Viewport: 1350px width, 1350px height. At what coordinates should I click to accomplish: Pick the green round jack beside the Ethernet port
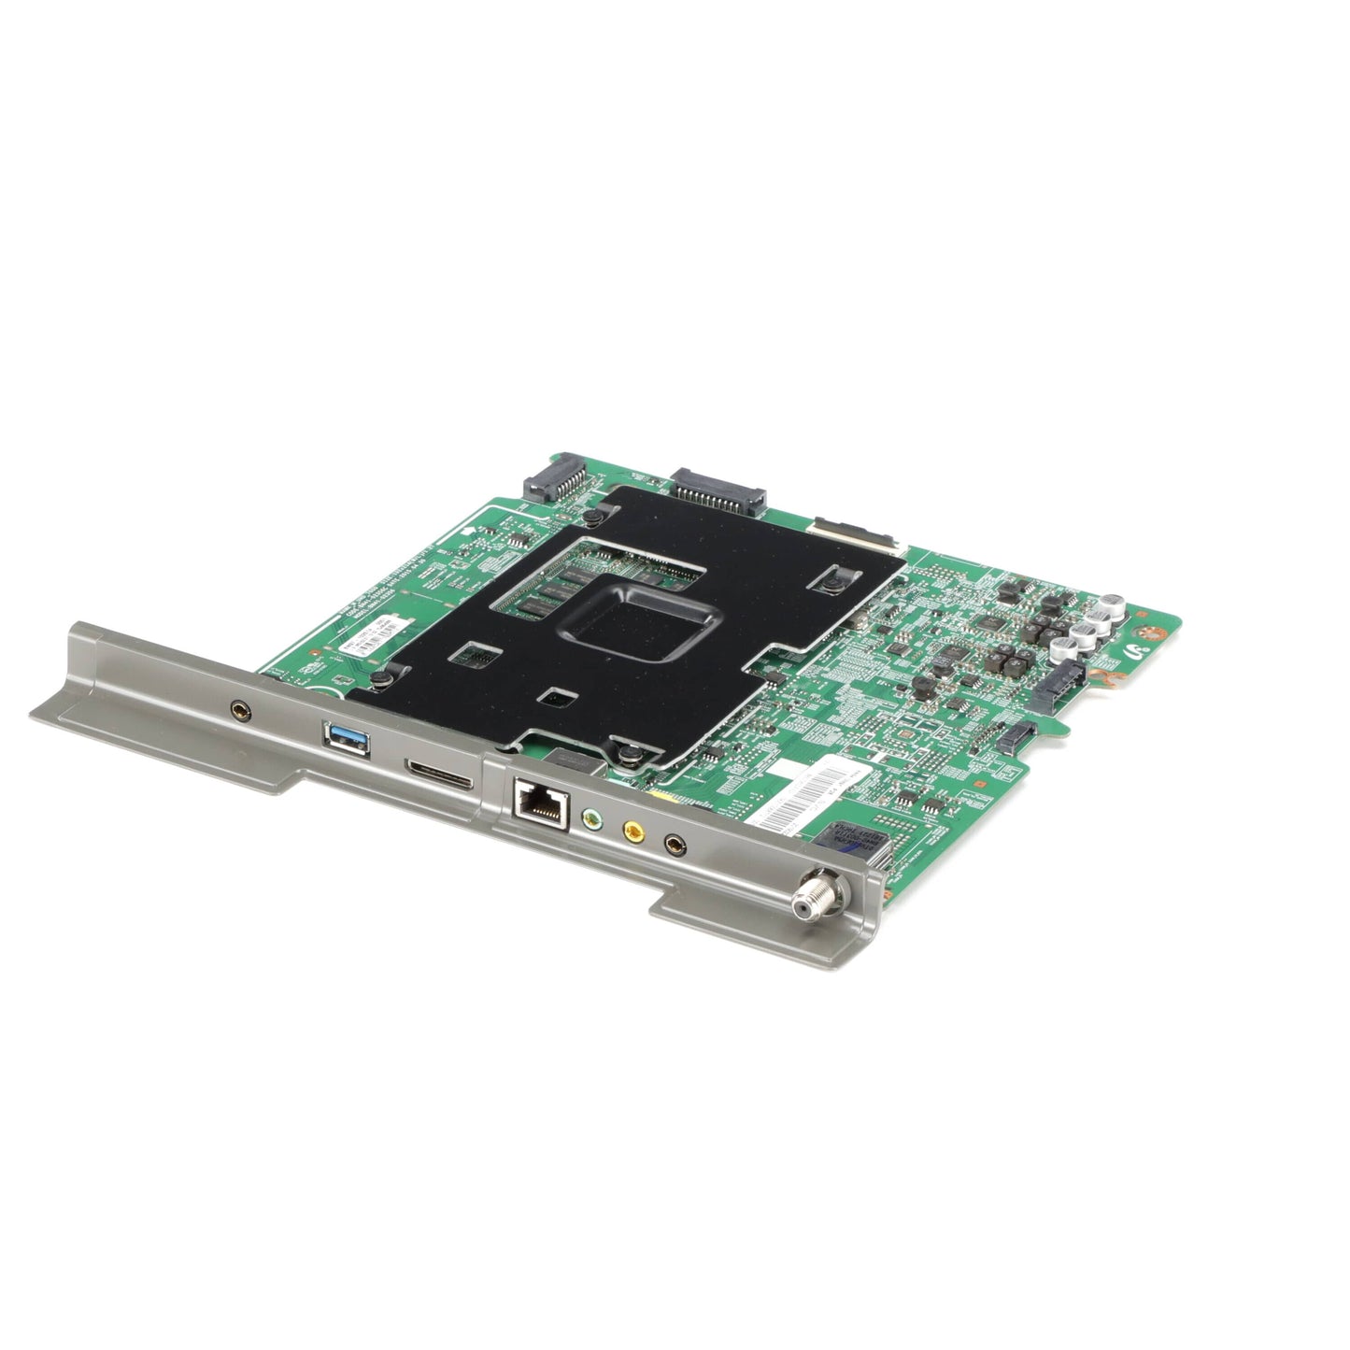[590, 818]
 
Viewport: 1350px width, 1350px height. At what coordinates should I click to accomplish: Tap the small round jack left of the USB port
[243, 711]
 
